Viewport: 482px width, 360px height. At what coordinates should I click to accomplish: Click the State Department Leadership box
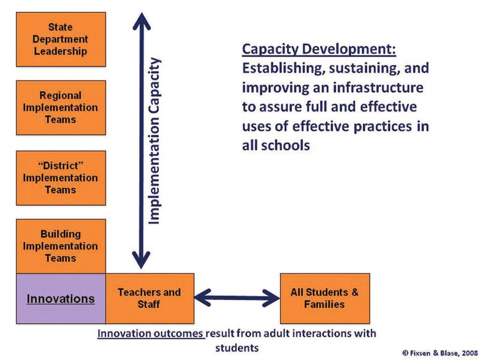61,39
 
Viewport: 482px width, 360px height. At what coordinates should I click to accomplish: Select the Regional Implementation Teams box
61,108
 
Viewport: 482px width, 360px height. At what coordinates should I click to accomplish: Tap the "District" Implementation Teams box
61,177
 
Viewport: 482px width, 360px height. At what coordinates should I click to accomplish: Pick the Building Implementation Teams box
61,246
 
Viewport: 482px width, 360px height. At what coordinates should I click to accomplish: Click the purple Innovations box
61,299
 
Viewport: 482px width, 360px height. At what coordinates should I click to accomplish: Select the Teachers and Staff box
150,299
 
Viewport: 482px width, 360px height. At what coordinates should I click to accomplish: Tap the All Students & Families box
325,299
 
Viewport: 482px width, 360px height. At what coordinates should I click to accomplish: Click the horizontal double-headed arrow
237,298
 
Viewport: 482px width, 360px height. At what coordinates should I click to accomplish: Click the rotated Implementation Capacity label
154,141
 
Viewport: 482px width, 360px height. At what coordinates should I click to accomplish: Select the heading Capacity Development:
319,49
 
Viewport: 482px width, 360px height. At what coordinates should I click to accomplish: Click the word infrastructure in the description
378,87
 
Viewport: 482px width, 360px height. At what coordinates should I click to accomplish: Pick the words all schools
276,145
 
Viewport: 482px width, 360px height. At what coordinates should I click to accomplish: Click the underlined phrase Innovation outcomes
151,333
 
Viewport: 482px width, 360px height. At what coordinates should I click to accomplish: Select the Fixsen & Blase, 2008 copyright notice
440,353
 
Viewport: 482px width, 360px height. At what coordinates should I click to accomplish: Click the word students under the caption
237,348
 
